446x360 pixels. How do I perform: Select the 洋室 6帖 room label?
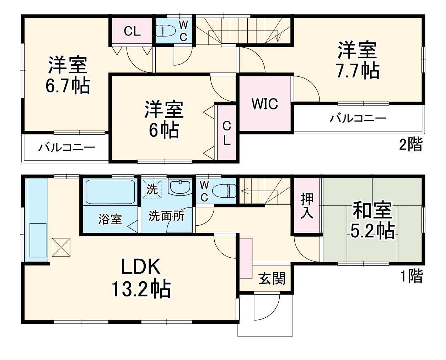pyautogui.click(x=163, y=120)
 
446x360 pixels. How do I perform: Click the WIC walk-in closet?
pyautogui.click(x=265, y=104)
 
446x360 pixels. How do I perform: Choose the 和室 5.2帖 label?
pyautogui.click(x=372, y=220)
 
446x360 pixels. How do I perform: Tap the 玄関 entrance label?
pyautogui.click(x=272, y=279)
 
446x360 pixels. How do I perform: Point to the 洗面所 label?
pyautogui.click(x=166, y=216)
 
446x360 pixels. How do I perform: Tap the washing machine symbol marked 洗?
pyautogui.click(x=152, y=189)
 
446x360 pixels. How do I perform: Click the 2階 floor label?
pyautogui.click(x=411, y=145)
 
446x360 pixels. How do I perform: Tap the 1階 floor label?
pyautogui.click(x=412, y=276)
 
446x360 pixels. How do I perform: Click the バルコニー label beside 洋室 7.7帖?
pyautogui.click(x=358, y=118)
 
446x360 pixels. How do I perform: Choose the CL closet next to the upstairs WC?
pyautogui.click(x=132, y=31)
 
